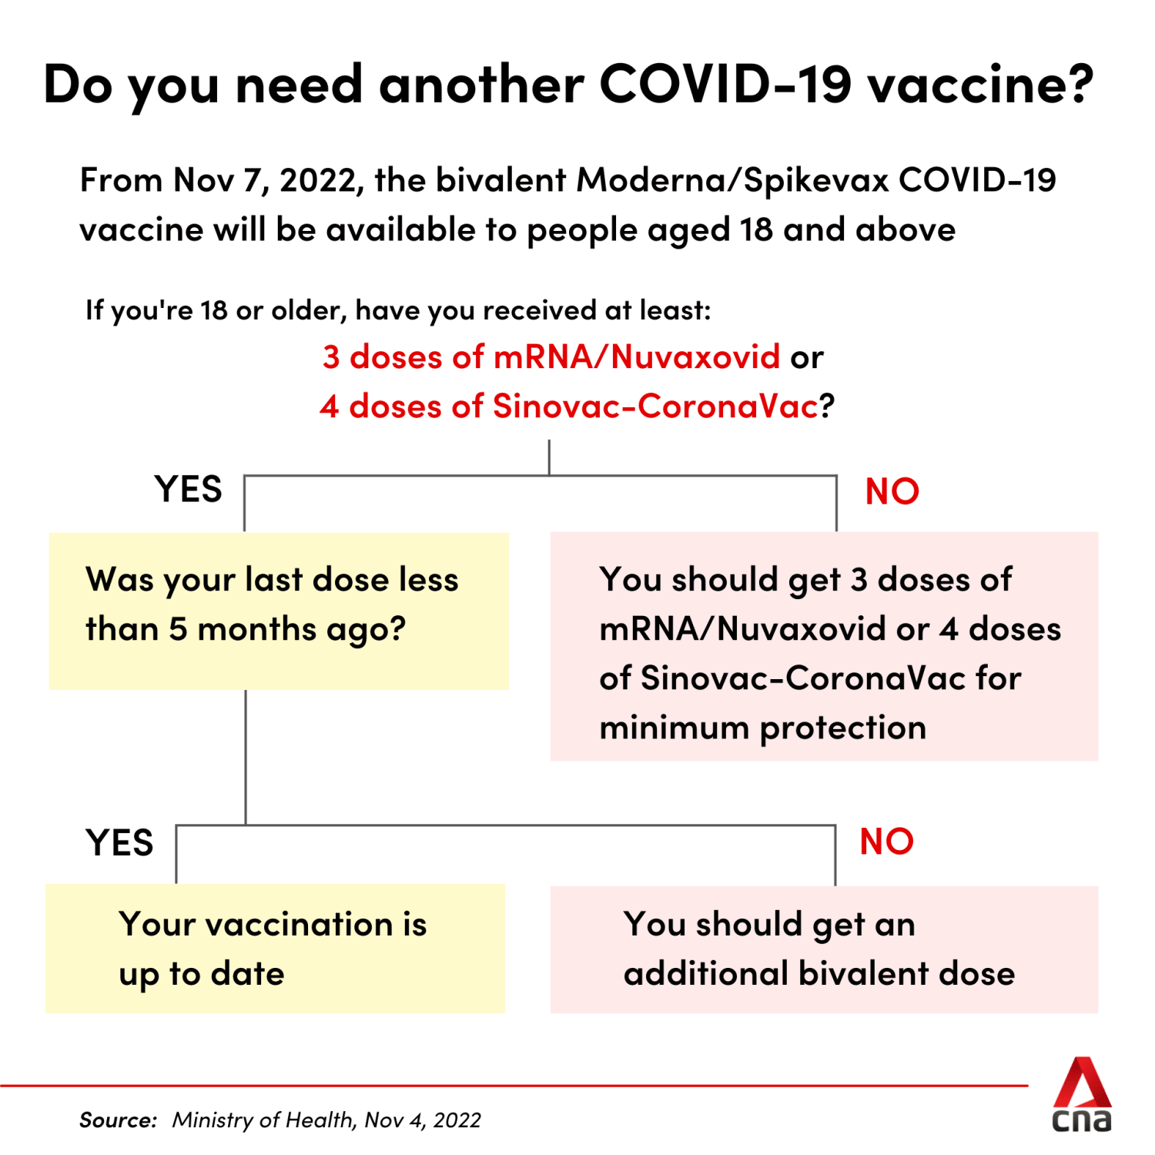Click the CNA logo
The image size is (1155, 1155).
[x=1082, y=1094]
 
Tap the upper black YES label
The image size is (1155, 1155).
[x=189, y=490]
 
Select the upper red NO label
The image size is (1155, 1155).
[x=892, y=491]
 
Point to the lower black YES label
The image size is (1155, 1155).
[x=120, y=843]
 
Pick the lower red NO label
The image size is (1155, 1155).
[x=887, y=842]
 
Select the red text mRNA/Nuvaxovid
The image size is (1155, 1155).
[x=637, y=357]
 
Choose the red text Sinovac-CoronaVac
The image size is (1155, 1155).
[x=655, y=407]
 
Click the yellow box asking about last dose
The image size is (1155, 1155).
[x=279, y=611]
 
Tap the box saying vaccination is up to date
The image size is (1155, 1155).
[x=275, y=949]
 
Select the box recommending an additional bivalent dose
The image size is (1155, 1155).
[x=824, y=949]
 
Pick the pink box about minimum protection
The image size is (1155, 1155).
[x=824, y=646]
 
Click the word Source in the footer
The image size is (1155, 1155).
[x=118, y=1120]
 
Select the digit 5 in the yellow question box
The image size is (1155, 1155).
[x=178, y=630]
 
